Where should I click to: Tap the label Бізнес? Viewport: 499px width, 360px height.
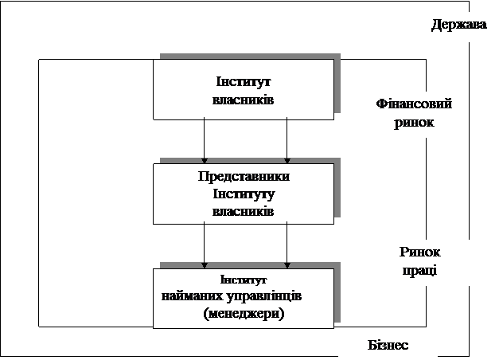pyautogui.click(x=388, y=346)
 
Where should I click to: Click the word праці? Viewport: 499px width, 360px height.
pyautogui.click(x=419, y=270)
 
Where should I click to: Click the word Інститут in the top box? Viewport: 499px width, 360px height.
pyautogui.click(x=243, y=82)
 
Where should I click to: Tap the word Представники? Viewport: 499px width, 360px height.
pyautogui.click(x=243, y=176)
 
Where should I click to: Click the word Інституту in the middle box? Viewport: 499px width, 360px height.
pyautogui.click(x=243, y=194)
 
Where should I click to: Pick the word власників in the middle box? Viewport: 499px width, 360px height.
pyautogui.click(x=243, y=211)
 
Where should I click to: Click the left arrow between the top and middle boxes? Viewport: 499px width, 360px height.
pyautogui.click(x=205, y=140)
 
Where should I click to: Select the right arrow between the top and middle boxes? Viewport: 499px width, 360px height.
pyautogui.click(x=287, y=140)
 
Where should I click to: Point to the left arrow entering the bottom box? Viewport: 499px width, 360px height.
pyautogui.click(x=205, y=245)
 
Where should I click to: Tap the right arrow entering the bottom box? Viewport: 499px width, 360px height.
pyautogui.click(x=287, y=245)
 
